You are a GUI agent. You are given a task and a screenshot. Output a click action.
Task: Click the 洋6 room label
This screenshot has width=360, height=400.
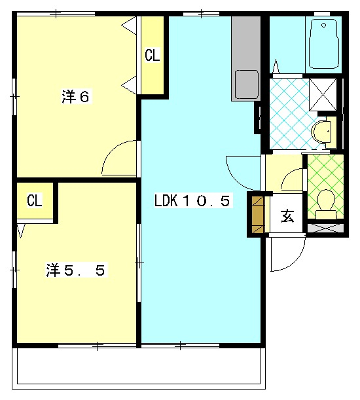[x=75, y=96]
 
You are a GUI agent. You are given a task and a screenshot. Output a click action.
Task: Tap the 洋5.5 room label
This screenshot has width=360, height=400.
[x=76, y=270]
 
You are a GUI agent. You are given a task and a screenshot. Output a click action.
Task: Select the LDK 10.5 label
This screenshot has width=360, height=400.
[x=192, y=200]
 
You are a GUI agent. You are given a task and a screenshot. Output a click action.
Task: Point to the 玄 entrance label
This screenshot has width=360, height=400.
[x=287, y=216]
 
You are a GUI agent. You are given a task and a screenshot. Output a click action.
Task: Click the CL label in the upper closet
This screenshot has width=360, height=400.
[x=153, y=55]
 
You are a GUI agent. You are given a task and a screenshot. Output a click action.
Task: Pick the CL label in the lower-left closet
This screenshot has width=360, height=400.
[x=35, y=200]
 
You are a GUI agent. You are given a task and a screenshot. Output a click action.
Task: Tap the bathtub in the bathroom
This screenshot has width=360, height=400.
[x=324, y=44]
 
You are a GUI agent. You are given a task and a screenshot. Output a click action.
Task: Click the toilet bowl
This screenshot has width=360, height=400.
[x=326, y=204]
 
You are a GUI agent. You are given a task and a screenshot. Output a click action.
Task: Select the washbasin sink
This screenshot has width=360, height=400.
[x=323, y=133]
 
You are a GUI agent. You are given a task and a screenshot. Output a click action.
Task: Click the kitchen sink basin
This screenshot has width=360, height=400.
[x=247, y=84]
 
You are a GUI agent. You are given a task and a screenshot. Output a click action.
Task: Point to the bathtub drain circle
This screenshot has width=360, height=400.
[x=324, y=26]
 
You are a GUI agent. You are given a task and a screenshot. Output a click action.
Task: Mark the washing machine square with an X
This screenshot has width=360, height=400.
[x=323, y=95]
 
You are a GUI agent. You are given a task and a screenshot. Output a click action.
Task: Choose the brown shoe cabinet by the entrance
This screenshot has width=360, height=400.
[x=258, y=215]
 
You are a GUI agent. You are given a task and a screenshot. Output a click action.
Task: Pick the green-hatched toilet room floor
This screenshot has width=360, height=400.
[x=325, y=187]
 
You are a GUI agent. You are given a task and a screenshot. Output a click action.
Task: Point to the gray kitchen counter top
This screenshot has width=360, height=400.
[x=246, y=59]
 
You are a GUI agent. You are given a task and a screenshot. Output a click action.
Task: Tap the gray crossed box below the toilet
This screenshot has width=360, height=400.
[x=325, y=228]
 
